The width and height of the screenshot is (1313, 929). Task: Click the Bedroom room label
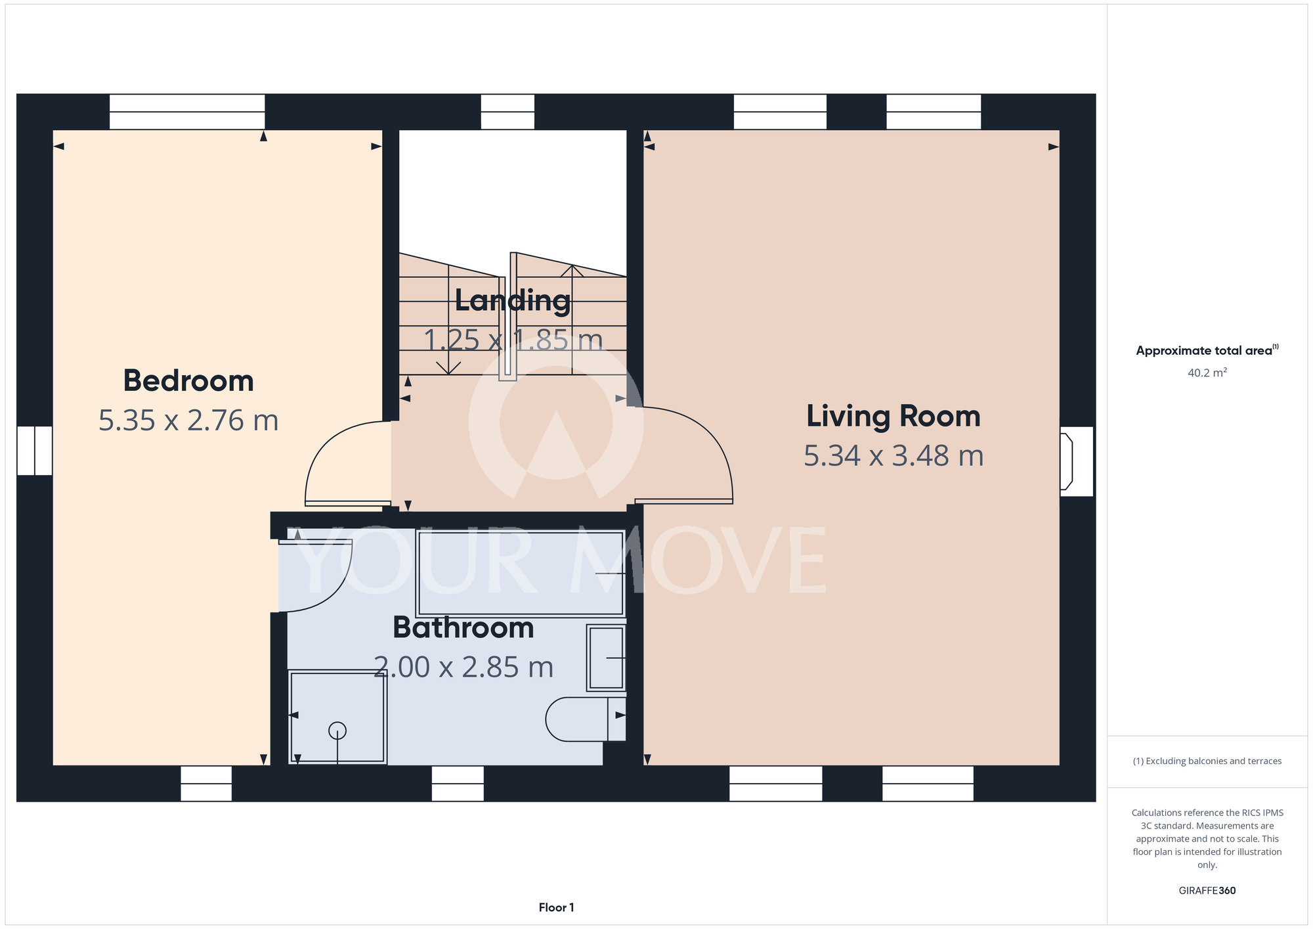pyautogui.click(x=188, y=381)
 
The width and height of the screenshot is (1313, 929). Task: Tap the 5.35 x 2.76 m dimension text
pyautogui.click(x=188, y=420)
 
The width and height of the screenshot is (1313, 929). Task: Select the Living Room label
pyautogui.click(x=893, y=416)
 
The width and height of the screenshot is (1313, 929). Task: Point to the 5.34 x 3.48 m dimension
pyautogui.click(x=893, y=456)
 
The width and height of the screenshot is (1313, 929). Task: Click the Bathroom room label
pyautogui.click(x=463, y=627)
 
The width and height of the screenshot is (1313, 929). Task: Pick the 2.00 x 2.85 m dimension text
pyautogui.click(x=463, y=668)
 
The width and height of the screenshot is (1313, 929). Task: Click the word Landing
pyautogui.click(x=513, y=301)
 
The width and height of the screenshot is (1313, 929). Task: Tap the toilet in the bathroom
pyautogui.click(x=586, y=719)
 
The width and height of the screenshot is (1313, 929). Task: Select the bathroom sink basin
pyautogui.click(x=606, y=658)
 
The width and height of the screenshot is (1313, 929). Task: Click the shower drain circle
pyautogui.click(x=337, y=731)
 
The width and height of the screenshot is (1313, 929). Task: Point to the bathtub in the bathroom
pyautogui.click(x=520, y=574)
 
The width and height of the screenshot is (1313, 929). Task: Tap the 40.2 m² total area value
pyautogui.click(x=1207, y=373)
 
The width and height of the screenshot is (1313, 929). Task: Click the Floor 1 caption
pyautogui.click(x=556, y=907)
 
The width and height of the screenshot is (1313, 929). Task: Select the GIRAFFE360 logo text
pyautogui.click(x=1207, y=891)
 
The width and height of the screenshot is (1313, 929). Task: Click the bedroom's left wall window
pyautogui.click(x=35, y=451)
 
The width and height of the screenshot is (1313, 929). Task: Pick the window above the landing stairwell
pyautogui.click(x=507, y=112)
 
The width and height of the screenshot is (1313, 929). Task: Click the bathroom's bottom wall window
pyautogui.click(x=458, y=784)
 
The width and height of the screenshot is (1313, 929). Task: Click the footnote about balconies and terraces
pyautogui.click(x=1207, y=761)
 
